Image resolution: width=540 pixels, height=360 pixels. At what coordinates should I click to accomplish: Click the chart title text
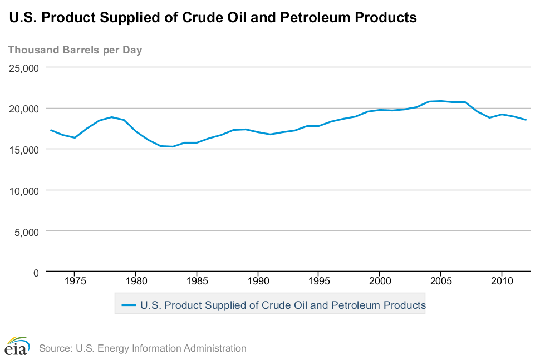coord(213,18)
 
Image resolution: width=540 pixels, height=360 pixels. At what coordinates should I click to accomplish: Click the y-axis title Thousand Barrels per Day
coord(75,50)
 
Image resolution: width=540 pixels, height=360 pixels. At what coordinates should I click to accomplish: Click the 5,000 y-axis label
coord(27,231)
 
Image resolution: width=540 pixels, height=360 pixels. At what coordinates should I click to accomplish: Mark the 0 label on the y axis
coord(35,272)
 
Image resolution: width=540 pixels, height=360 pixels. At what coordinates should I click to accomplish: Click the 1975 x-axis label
coord(75,282)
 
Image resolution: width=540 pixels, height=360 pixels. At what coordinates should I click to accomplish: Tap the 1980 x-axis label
coord(136,282)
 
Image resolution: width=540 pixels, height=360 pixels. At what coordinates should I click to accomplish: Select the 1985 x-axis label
coord(197,282)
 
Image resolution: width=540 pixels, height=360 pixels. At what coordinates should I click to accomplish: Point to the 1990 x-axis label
coord(258,282)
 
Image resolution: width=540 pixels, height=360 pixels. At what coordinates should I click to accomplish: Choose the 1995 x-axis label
coord(318,282)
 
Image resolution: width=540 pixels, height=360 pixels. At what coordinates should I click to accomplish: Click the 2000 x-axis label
coord(379,282)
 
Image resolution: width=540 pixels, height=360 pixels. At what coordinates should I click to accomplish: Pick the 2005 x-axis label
coord(440,282)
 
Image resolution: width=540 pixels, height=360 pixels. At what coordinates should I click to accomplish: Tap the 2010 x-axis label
coord(501,282)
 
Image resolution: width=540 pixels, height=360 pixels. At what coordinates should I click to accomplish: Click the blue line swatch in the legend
coord(129,305)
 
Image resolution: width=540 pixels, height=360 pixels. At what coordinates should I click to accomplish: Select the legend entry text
coord(283,305)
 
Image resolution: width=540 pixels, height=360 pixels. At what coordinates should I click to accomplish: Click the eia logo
coord(16,346)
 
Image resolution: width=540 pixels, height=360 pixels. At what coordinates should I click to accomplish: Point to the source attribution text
coord(143,349)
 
